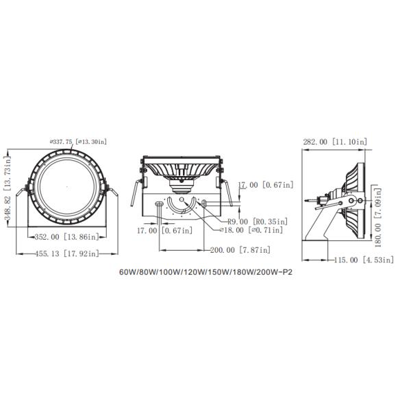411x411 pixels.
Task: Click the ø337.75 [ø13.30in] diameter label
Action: pos(78,142)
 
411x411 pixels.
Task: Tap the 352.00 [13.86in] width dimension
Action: pos(67,237)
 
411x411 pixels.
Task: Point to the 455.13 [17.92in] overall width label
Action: pos(67,253)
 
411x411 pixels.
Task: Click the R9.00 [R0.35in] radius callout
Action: pos(258,221)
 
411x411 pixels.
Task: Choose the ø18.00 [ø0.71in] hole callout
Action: pos(251,230)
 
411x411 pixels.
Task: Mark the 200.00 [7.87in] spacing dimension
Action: pos(240,250)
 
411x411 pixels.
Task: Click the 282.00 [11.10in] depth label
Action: pos(335,142)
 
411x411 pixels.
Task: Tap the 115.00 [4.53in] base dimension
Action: pos(364,260)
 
